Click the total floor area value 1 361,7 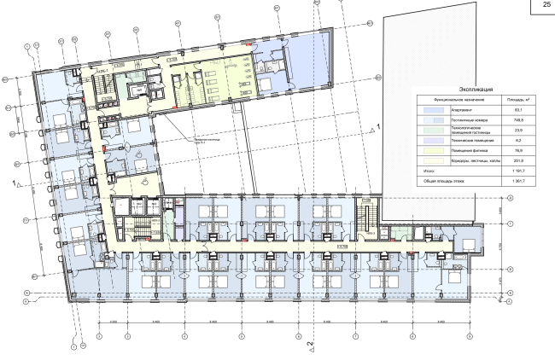516,182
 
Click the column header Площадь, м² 516,99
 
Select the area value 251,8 516,160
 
